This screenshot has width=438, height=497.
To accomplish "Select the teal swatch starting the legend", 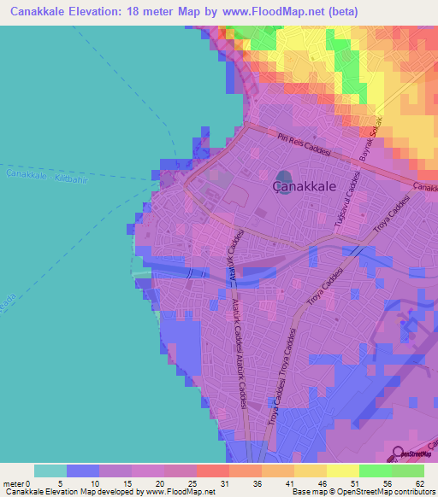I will pyautogui.click(x=50, y=471).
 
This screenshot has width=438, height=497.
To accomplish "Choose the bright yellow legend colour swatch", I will pyautogui.click(x=342, y=471).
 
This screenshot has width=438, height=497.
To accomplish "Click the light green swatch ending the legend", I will pyautogui.click(x=407, y=471).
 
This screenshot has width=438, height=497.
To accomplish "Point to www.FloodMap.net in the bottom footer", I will pyautogui.click(x=179, y=492).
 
